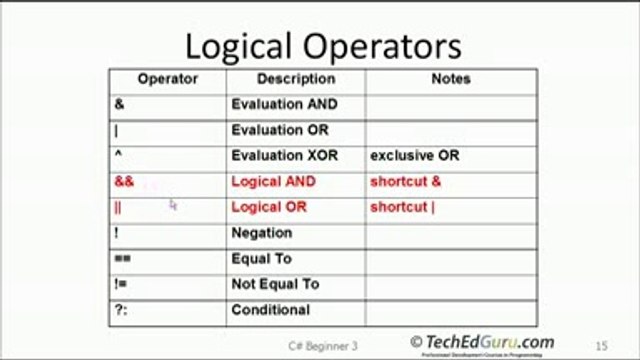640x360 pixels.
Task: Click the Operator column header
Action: tap(167, 79)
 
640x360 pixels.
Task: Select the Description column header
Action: tap(295, 79)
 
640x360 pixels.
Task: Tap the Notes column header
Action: tap(450, 79)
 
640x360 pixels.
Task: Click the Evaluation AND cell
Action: tap(284, 104)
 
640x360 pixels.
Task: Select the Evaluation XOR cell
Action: tap(284, 156)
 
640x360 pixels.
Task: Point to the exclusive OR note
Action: tap(415, 156)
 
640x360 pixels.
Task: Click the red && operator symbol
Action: tap(124, 182)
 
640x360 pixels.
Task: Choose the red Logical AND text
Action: tap(273, 182)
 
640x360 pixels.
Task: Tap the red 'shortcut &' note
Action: tap(405, 182)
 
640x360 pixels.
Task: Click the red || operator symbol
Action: tap(118, 208)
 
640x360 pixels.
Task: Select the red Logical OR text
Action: tap(268, 208)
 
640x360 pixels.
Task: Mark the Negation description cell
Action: tap(261, 233)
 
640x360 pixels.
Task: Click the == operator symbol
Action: tap(121, 259)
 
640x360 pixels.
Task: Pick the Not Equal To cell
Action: tap(275, 285)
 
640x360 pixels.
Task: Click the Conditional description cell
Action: tap(270, 310)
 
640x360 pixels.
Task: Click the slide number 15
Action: tap(601, 345)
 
